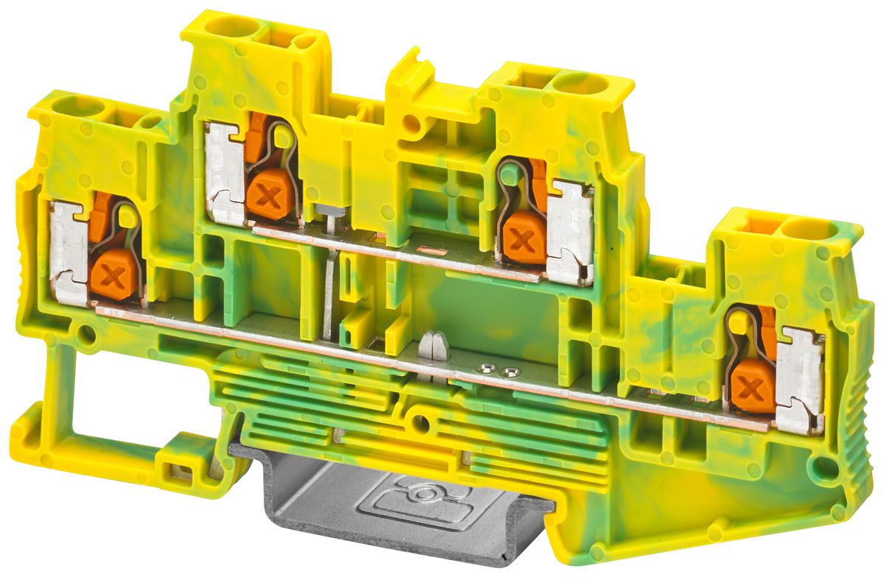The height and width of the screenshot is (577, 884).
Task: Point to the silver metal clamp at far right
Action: click(x=800, y=382)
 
